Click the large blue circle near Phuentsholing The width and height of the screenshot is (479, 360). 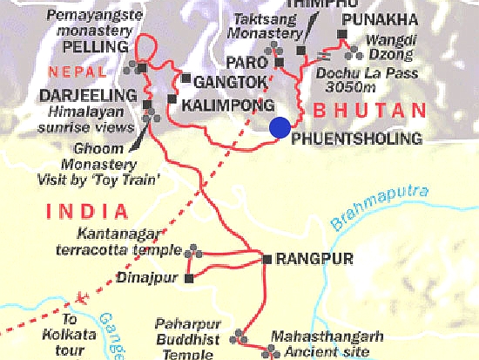click(280, 127)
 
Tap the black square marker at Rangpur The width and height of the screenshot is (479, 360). click(266, 259)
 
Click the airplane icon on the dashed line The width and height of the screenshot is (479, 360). click(84, 297)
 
